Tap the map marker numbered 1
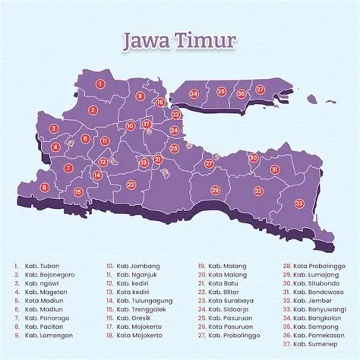(100, 84)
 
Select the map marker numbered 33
(298, 203)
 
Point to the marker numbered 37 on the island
(261, 90)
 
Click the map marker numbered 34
(194, 93)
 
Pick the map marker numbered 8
(45, 187)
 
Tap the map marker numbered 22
(131, 184)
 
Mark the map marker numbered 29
(215, 190)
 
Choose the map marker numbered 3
(54, 128)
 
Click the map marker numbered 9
(140, 96)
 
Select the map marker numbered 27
(209, 163)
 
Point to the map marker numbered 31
(274, 169)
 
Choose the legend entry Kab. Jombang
(136, 267)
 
